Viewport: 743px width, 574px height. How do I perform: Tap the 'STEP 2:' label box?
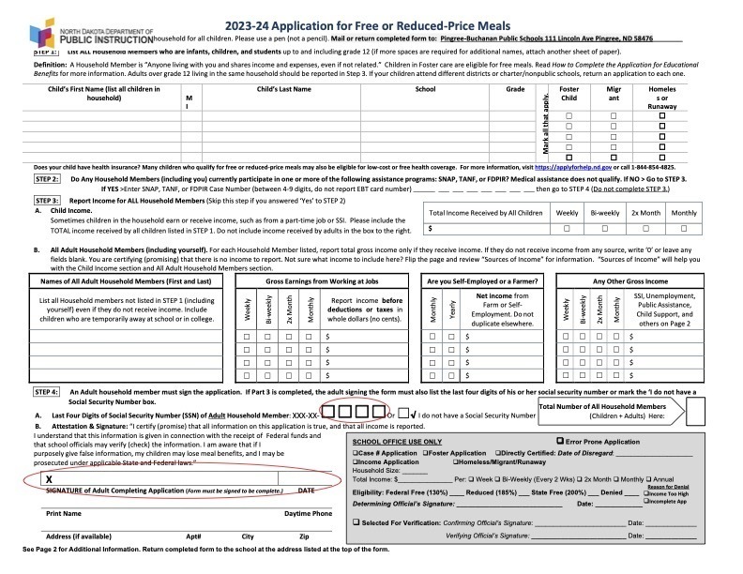click(x=48, y=178)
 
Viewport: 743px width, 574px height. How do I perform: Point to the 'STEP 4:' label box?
click(x=48, y=390)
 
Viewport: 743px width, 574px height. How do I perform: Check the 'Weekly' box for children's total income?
click(x=568, y=228)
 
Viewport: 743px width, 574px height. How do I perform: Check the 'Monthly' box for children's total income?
click(x=684, y=228)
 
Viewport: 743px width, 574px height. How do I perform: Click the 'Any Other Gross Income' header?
click(x=629, y=281)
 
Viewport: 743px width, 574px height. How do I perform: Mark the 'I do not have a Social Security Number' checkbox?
click(x=402, y=411)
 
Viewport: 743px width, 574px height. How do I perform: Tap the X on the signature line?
click(x=48, y=478)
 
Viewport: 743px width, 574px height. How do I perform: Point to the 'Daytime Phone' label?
click(x=308, y=514)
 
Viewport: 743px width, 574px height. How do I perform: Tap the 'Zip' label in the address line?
click(x=304, y=536)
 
